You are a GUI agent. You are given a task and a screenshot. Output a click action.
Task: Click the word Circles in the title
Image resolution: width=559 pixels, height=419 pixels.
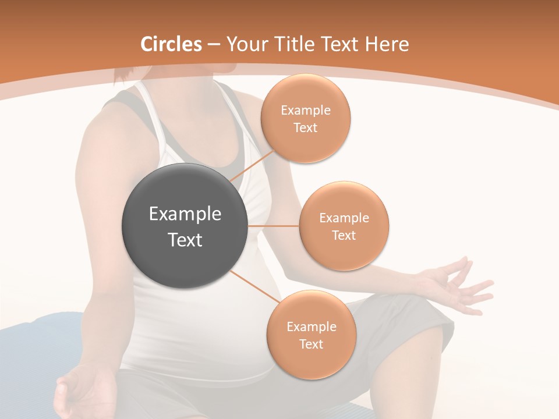171,44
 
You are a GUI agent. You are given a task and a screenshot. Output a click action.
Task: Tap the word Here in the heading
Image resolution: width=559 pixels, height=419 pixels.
387,44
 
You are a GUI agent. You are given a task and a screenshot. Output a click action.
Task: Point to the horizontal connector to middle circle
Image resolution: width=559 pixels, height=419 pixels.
274,226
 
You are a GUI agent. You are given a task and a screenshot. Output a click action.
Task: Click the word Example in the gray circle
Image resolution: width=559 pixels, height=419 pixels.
185,214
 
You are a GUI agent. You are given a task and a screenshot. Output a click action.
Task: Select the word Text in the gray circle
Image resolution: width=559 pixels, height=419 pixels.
185,240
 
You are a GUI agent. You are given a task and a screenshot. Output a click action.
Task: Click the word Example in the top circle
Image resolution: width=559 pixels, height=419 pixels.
306,111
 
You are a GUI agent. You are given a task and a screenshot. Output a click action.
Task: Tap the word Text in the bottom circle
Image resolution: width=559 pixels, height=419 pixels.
311,344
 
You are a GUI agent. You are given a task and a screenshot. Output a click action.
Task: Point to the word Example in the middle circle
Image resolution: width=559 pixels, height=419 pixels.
344,218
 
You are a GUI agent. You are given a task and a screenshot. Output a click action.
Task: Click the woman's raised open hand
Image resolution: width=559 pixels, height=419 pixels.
460,285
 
